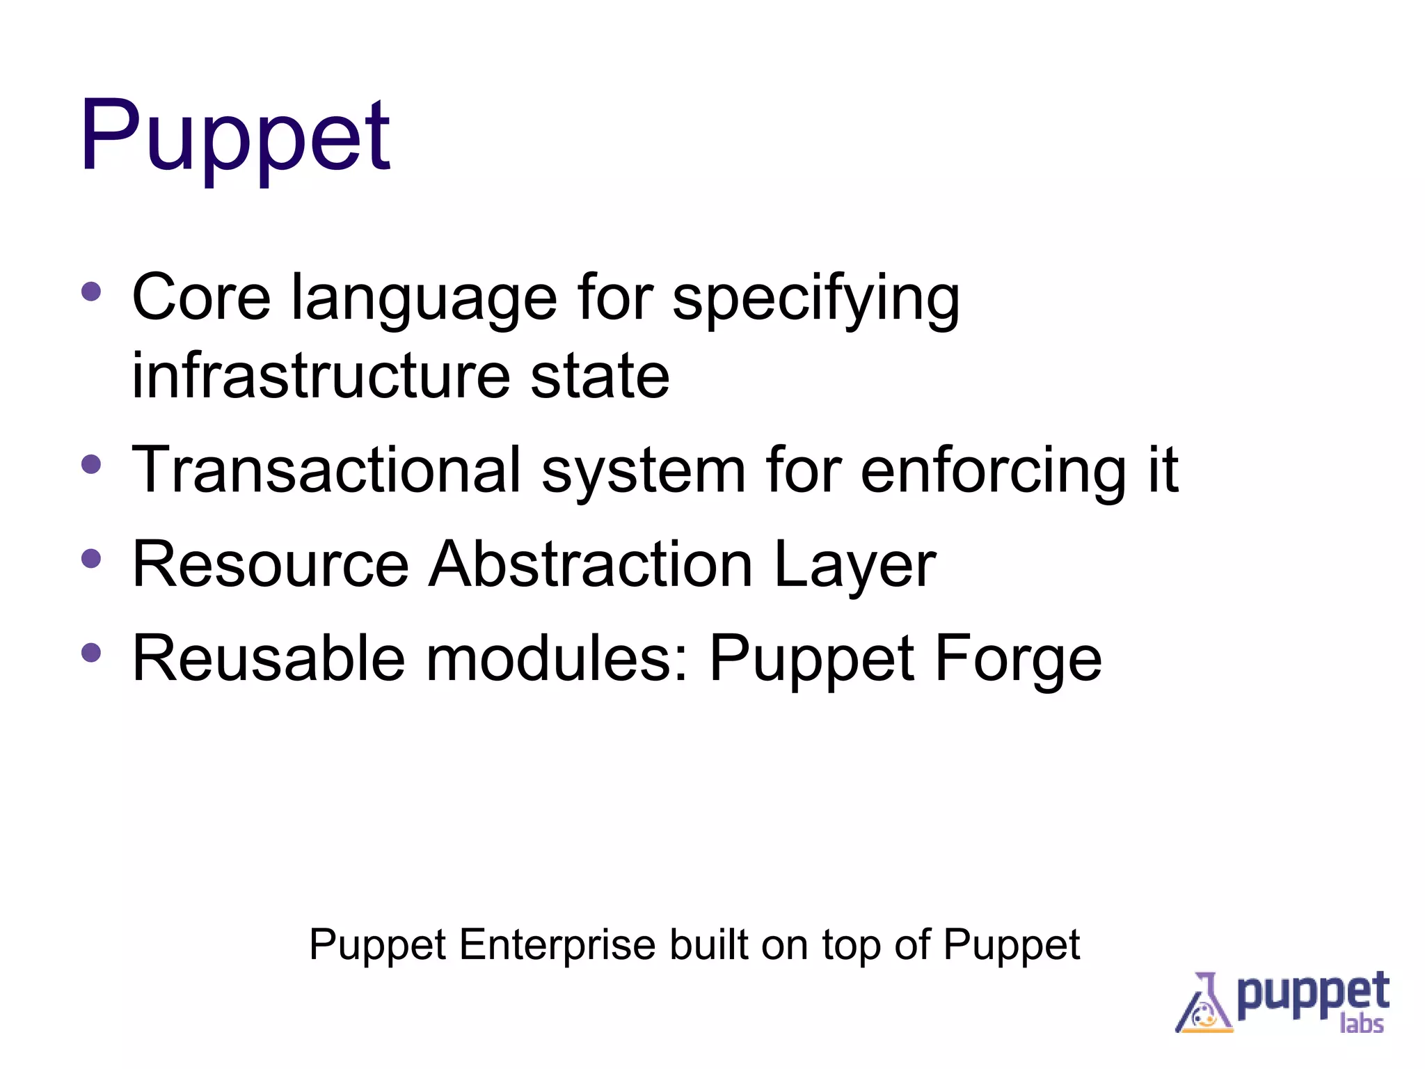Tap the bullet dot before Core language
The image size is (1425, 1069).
click(91, 291)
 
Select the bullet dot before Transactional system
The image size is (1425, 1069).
click(91, 464)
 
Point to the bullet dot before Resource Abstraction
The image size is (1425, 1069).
click(91, 558)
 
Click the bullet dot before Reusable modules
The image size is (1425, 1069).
click(91, 652)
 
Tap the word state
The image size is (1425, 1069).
click(600, 376)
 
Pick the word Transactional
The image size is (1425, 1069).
click(326, 470)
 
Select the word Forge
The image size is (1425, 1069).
click(1018, 660)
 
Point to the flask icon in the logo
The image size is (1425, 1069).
click(1204, 1004)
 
